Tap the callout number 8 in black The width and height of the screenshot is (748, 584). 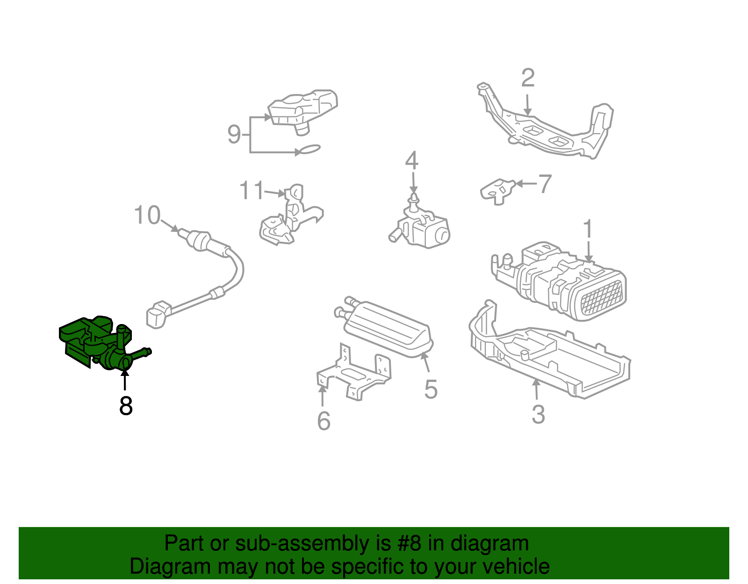click(x=126, y=406)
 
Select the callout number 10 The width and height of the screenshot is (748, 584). click(x=147, y=216)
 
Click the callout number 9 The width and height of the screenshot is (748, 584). click(x=234, y=134)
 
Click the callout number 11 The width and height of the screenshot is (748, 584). click(x=252, y=191)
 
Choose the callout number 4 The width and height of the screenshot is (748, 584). click(x=411, y=160)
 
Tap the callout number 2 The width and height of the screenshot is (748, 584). click(x=528, y=78)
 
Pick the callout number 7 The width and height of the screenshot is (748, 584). click(x=545, y=184)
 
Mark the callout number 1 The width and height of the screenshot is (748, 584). click(x=588, y=229)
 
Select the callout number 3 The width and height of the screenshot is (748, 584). click(x=538, y=414)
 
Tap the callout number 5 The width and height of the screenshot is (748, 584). click(x=431, y=389)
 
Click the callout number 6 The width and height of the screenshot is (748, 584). click(x=324, y=421)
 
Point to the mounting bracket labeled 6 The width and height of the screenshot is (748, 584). click(x=355, y=374)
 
